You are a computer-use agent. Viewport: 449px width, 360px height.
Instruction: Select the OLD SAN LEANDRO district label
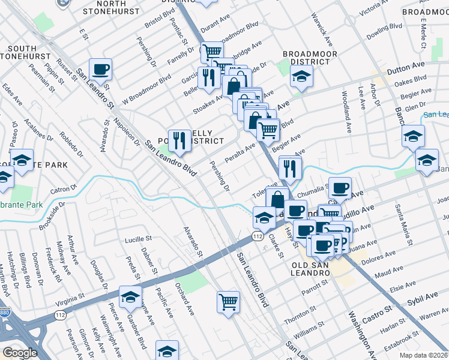pos(311,268)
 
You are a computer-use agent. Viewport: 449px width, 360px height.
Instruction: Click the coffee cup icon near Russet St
pos(101,69)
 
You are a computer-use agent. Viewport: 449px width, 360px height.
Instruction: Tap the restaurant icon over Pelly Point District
pos(176,141)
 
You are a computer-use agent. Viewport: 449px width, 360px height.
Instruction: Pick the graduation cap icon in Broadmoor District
pos(301,76)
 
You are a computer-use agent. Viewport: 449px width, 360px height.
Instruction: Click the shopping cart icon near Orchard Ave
pos(229,301)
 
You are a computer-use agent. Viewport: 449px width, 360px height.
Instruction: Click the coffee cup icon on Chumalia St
pos(340,188)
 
